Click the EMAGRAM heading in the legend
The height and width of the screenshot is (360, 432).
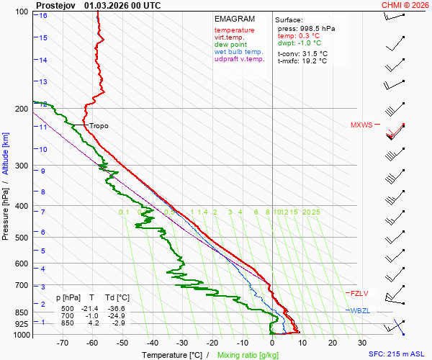235,19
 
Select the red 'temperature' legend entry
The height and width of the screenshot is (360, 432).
234,30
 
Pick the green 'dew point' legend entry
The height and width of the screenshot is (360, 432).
230,45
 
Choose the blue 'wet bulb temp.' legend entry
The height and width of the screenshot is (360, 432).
239,52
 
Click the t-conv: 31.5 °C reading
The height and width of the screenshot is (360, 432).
302,53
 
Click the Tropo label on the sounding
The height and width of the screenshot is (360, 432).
99,126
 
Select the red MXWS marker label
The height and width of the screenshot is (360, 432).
362,125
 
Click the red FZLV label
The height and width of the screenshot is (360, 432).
360,293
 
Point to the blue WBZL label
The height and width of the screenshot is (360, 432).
360,310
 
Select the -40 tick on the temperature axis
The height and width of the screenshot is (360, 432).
153,343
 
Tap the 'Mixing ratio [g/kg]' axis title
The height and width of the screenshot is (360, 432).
248,354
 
